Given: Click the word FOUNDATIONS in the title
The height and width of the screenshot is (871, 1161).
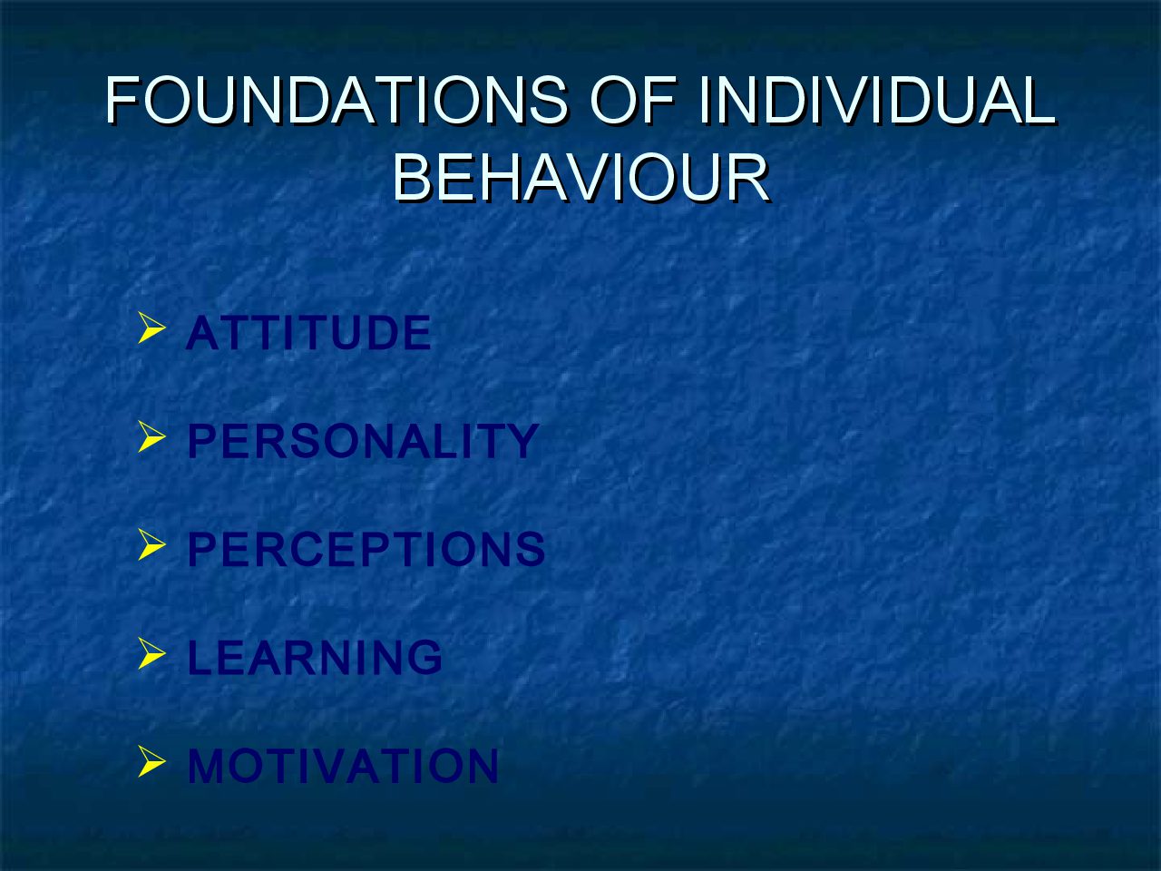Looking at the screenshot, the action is click(x=337, y=100).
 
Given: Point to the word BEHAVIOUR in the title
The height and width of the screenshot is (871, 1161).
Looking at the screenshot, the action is click(x=580, y=177).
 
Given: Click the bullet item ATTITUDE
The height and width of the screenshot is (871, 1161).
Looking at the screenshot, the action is click(x=309, y=333).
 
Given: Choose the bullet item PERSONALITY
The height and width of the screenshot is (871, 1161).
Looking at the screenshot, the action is click(x=364, y=441).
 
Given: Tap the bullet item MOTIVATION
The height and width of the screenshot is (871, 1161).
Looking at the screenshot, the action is click(x=343, y=765).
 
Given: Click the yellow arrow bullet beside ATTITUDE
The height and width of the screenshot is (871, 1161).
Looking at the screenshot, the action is click(x=151, y=328).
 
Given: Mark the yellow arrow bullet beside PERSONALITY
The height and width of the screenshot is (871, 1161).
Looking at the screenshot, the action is click(x=151, y=436).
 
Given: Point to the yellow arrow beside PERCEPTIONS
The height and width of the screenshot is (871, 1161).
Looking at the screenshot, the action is click(x=151, y=544).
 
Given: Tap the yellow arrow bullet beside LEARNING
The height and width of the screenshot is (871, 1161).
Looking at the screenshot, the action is click(x=151, y=653).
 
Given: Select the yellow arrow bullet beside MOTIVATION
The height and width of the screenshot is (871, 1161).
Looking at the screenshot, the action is click(x=151, y=761).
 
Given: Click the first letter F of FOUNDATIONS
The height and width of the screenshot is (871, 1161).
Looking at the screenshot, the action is click(x=122, y=100).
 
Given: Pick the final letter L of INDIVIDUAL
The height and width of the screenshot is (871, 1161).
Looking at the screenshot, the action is click(x=1039, y=100).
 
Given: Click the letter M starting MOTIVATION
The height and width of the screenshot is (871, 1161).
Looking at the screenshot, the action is click(x=207, y=765).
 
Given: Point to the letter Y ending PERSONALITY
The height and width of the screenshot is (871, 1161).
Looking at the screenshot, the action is click(x=522, y=441).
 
